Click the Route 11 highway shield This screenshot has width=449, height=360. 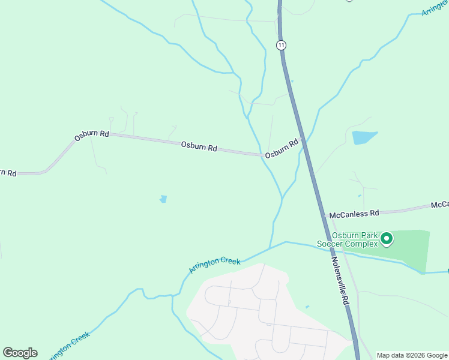point(281,45)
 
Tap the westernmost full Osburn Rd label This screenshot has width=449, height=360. point(91,134)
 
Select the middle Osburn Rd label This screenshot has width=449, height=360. point(199,146)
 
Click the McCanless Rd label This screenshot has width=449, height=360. point(358,212)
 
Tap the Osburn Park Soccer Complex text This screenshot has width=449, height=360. point(348,240)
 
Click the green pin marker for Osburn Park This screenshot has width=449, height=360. point(387,239)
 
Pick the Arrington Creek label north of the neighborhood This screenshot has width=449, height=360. point(214,265)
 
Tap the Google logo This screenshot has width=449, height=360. point(20,353)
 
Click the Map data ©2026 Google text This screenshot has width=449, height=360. point(412,355)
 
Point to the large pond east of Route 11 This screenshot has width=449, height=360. point(364,137)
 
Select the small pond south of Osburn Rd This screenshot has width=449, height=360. point(163,199)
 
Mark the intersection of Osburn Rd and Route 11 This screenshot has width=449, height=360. point(303,142)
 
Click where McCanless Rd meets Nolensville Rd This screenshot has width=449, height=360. point(324,215)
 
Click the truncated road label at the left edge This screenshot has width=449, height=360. point(7,173)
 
